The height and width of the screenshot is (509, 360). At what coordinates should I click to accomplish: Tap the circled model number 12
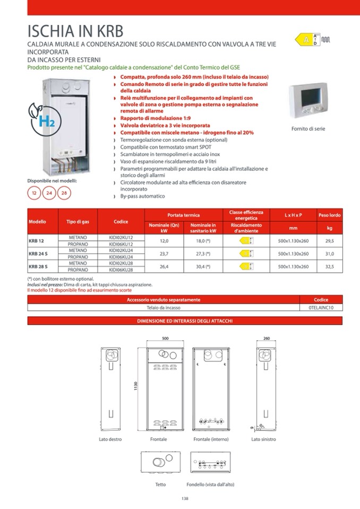(35, 193)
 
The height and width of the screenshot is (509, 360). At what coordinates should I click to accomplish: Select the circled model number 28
(64, 193)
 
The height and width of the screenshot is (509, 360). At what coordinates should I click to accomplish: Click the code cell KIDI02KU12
(121, 237)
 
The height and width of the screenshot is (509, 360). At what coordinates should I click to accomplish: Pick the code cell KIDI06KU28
(121, 270)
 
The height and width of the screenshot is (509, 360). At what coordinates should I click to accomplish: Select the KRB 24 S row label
(38, 253)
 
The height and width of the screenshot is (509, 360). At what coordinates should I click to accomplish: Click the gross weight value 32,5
(329, 266)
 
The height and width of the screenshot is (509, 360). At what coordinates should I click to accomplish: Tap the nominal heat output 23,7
(164, 253)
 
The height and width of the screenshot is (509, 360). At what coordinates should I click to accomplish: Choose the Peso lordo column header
(329, 215)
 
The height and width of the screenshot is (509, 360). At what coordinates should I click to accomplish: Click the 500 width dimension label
(165, 338)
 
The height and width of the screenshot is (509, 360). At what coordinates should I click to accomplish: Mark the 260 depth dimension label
(267, 338)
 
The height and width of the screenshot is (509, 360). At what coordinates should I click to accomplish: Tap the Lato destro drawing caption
(110, 439)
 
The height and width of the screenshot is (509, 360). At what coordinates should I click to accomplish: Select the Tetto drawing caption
(160, 484)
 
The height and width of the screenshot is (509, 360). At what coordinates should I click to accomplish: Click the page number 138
(185, 498)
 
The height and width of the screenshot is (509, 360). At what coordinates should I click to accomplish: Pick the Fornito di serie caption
(308, 129)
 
